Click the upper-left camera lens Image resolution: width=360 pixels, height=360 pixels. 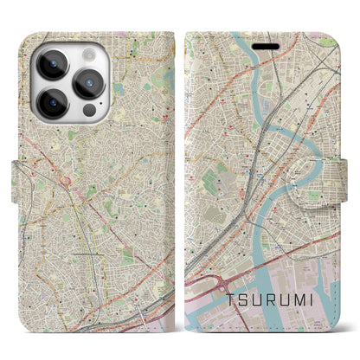[50, 63]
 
